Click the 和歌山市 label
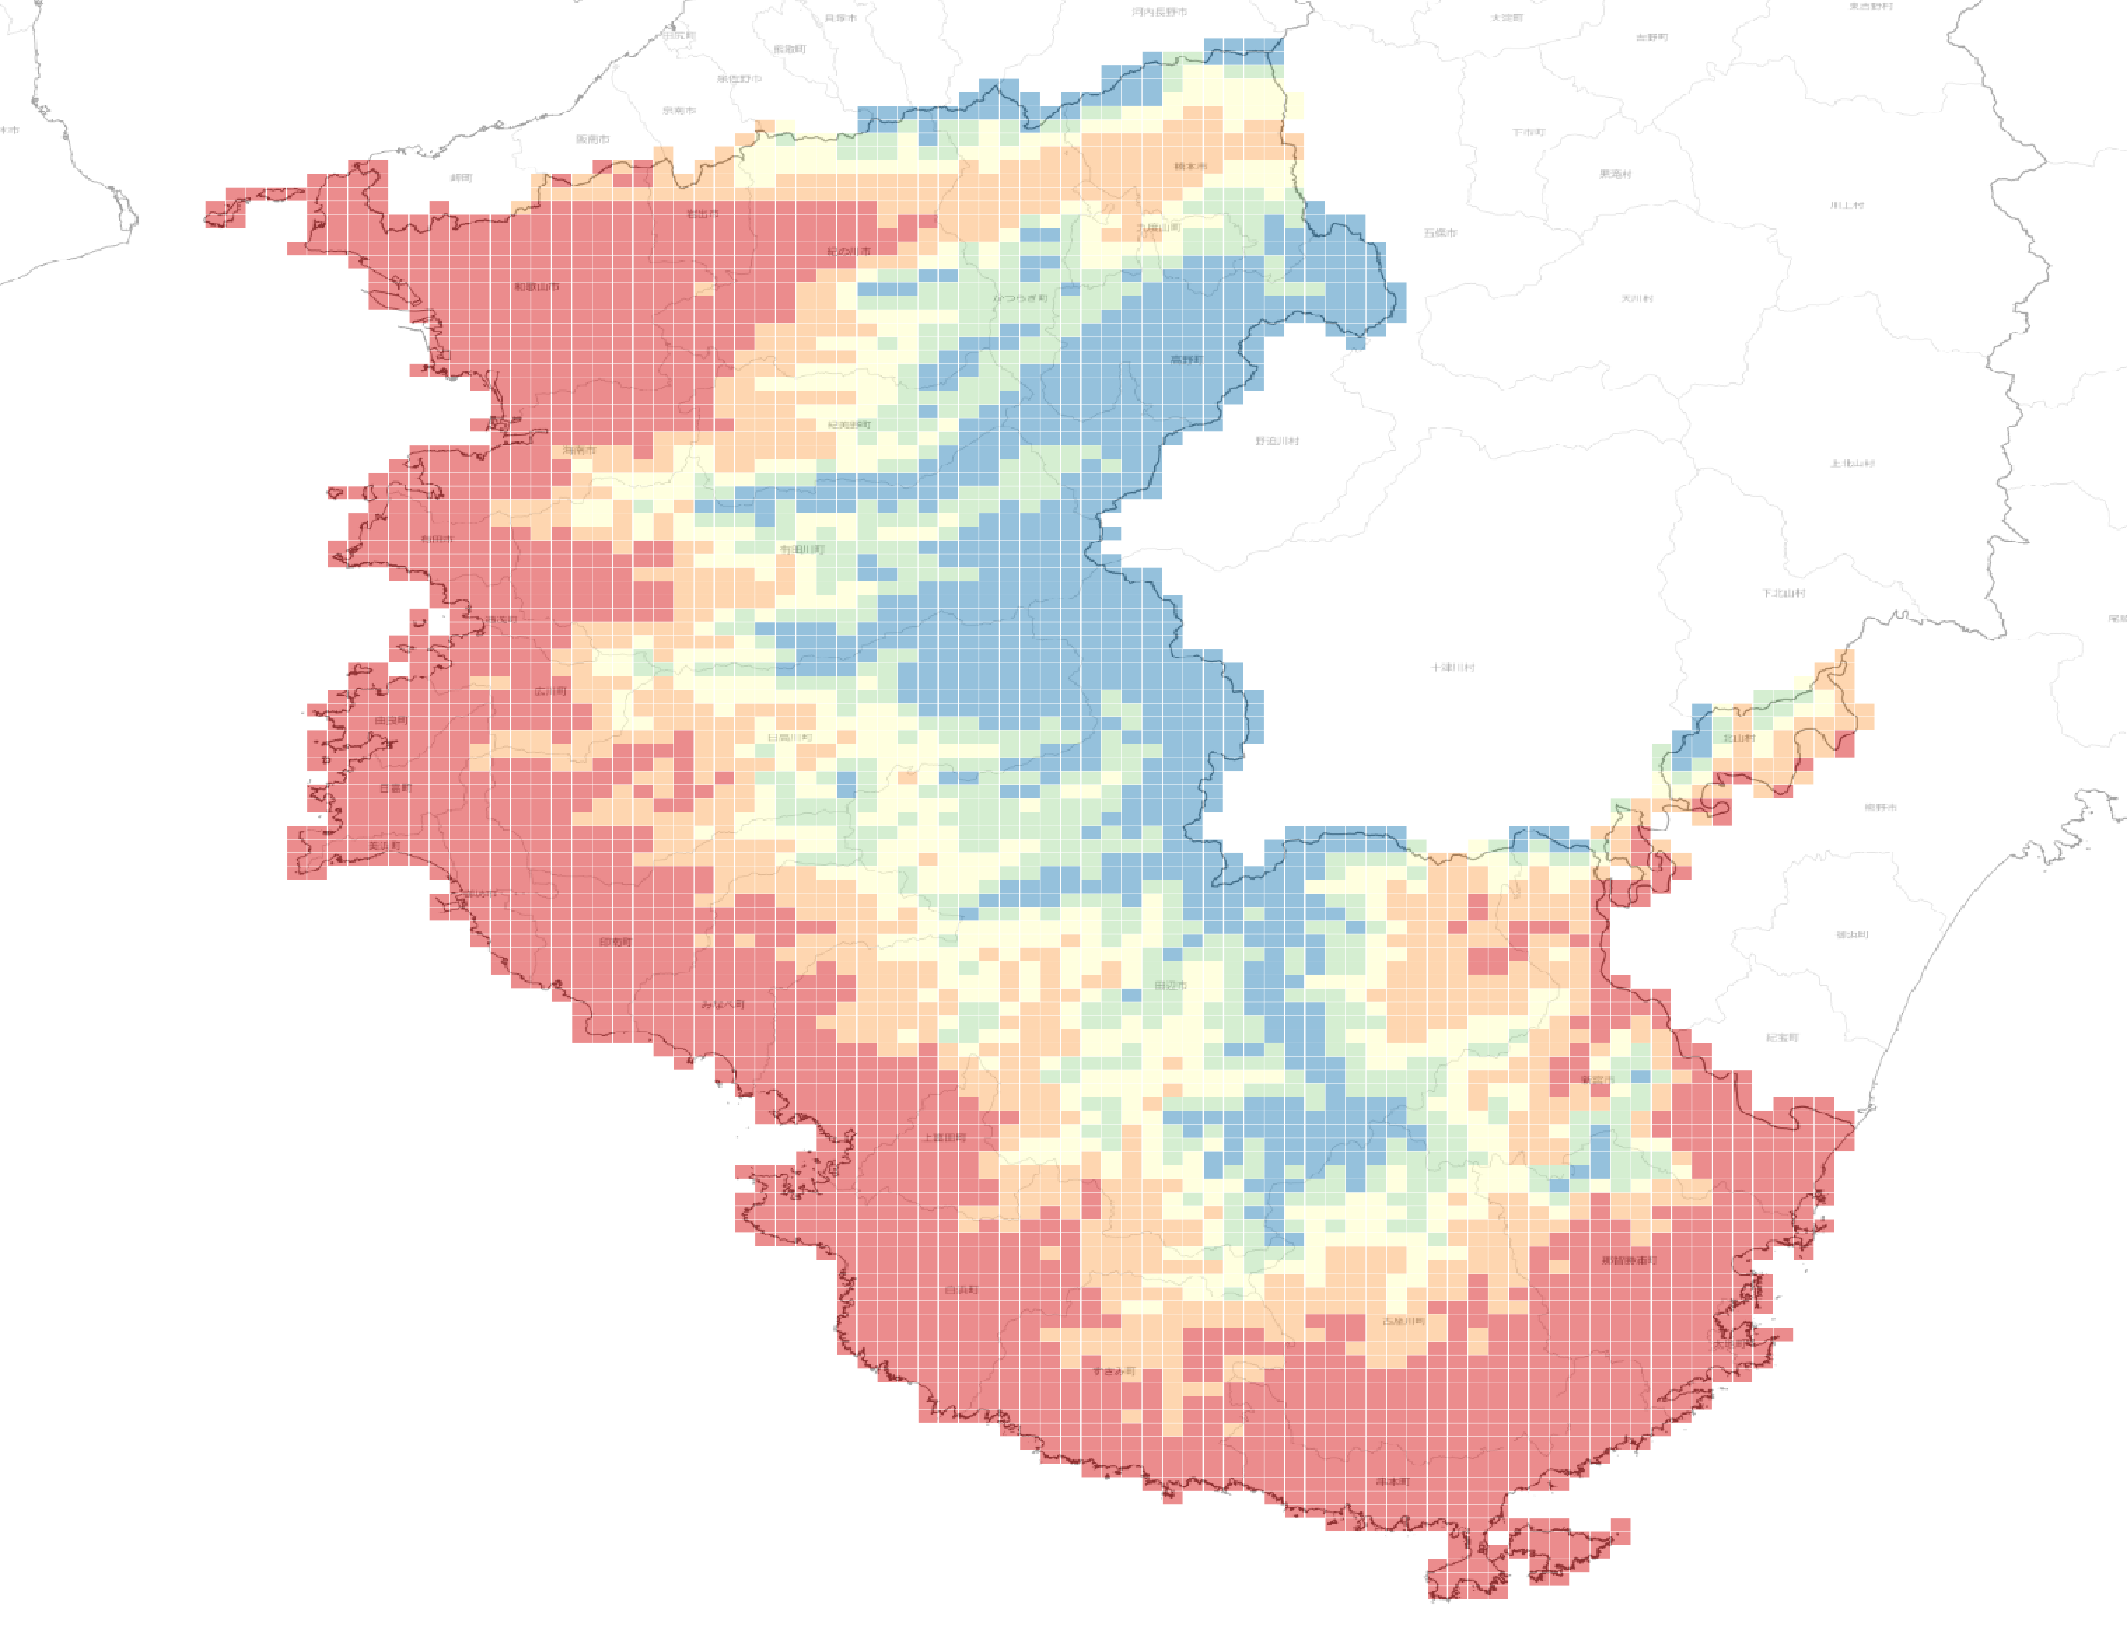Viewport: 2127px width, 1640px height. tap(536, 286)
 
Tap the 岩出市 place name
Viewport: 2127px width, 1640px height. tap(702, 214)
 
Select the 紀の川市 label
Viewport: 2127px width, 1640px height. tap(849, 251)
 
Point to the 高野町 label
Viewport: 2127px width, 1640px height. tap(1186, 359)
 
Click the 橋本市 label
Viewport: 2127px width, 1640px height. tap(1190, 167)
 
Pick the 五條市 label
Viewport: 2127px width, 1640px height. tap(1440, 232)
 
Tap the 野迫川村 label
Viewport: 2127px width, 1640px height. tap(1277, 441)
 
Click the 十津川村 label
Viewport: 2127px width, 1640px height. tap(1452, 667)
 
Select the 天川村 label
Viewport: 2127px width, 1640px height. tap(1636, 298)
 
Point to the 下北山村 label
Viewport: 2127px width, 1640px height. tap(1783, 593)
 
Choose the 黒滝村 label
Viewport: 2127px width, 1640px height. tap(1615, 174)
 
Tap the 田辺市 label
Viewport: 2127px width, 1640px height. tap(1171, 985)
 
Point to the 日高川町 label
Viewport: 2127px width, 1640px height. tap(789, 737)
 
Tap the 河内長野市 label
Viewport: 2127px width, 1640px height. tap(1159, 13)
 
